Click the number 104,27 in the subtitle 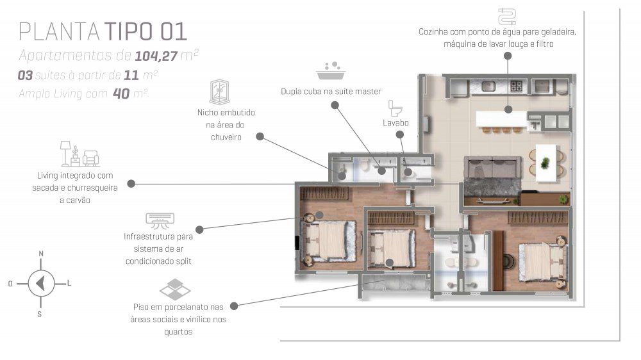click(x=156, y=56)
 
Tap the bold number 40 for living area click(x=121, y=94)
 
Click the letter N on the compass click(x=41, y=254)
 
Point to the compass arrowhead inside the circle click(x=40, y=283)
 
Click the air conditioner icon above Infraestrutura click(x=160, y=220)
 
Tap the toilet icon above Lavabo click(x=395, y=108)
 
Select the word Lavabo click(x=395, y=122)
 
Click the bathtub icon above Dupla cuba click(x=331, y=70)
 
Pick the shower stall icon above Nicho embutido click(x=219, y=92)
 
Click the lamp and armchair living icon click(x=79, y=154)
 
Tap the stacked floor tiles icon click(x=175, y=290)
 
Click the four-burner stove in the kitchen click(x=516, y=86)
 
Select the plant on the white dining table click(x=545, y=163)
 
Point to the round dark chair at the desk click(x=510, y=261)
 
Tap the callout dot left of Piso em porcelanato click(x=234, y=306)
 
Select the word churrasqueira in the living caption click(x=92, y=188)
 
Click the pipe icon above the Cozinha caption click(x=507, y=17)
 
